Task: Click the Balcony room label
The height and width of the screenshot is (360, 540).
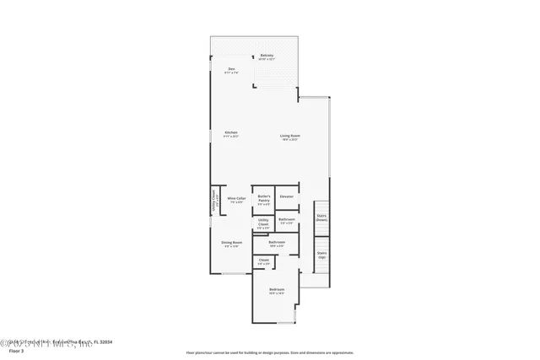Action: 267,56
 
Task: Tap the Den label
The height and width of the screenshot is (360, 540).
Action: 231,69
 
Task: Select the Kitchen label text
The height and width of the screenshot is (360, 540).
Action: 230,132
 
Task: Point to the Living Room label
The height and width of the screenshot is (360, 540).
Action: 290,136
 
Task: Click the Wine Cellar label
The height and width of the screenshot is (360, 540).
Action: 236,198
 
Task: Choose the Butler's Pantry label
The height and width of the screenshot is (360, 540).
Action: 264,198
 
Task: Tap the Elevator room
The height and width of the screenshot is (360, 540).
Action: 287,196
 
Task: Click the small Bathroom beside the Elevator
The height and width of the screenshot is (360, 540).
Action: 287,219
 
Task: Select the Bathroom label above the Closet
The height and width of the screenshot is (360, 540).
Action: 277,242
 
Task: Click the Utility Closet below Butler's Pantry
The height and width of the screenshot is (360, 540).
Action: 263,223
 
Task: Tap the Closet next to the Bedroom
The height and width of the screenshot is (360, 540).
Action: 264,261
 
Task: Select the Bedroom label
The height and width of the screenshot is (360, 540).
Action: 277,290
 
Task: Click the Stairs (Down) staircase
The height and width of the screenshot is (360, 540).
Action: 321,217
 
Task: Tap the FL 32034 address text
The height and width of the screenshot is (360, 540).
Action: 102,341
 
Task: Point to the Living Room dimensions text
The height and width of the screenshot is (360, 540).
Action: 290,140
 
